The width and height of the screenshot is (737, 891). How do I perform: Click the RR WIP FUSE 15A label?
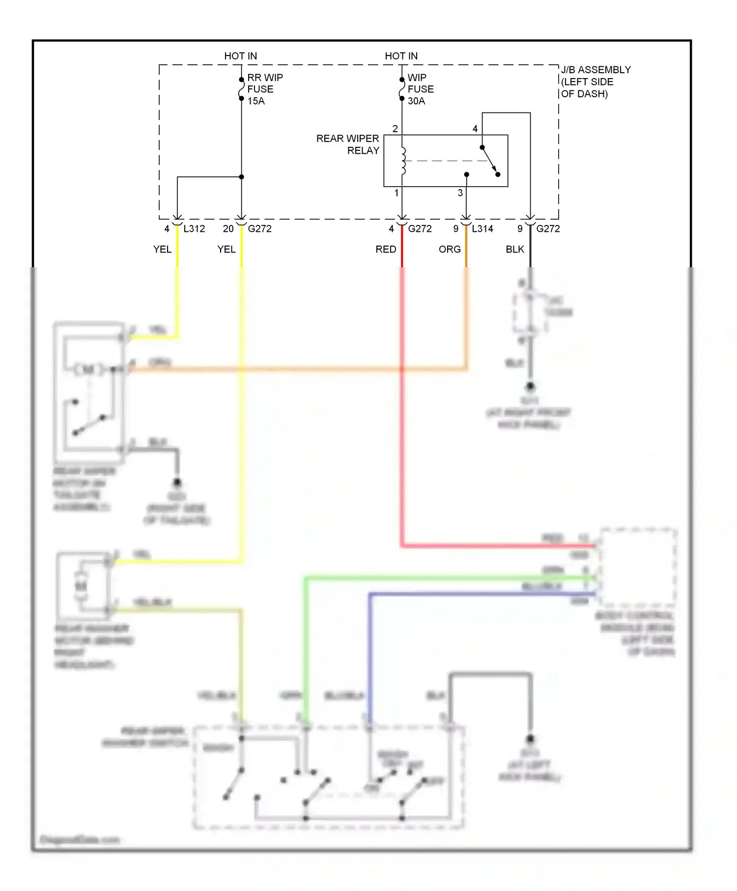[264, 89]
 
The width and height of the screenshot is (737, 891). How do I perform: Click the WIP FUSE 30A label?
[421, 89]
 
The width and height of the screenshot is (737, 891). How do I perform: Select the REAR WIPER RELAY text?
[348, 144]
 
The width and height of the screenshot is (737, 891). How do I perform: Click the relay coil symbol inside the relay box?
[403, 161]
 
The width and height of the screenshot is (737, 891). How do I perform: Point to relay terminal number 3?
[460, 193]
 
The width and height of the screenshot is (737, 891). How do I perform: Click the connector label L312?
[194, 229]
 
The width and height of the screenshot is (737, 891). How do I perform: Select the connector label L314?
[482, 229]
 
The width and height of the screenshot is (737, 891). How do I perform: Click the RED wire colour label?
[386, 250]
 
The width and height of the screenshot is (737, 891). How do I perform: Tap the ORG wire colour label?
[450, 250]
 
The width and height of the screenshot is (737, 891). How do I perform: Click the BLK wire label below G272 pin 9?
[515, 250]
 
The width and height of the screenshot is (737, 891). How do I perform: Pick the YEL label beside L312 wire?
[162, 250]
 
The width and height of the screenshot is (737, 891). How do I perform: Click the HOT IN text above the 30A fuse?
[401, 56]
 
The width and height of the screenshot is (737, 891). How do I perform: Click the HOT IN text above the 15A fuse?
[240, 56]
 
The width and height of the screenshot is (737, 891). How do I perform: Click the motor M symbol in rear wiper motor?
[88, 369]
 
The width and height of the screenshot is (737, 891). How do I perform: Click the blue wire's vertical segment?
[370, 658]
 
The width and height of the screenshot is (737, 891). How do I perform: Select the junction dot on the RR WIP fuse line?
[241, 177]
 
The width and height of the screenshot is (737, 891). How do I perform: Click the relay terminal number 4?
[475, 129]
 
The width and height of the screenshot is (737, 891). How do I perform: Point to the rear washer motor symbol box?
[82, 585]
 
